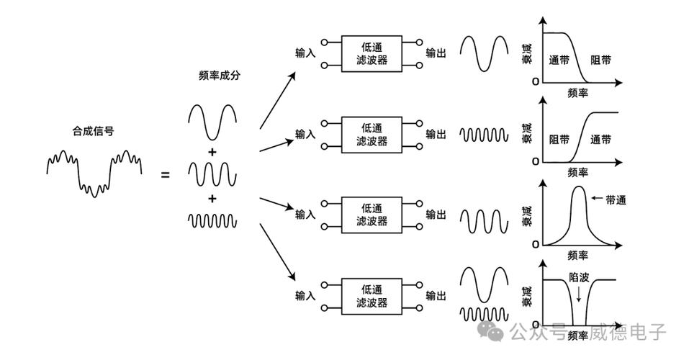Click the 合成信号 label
pos(93,132)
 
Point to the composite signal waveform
pos(94,171)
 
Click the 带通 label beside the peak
pos(616,200)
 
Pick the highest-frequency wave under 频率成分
pos(212,220)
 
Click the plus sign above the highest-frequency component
pos(212,198)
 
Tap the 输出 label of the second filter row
pos(436,134)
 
